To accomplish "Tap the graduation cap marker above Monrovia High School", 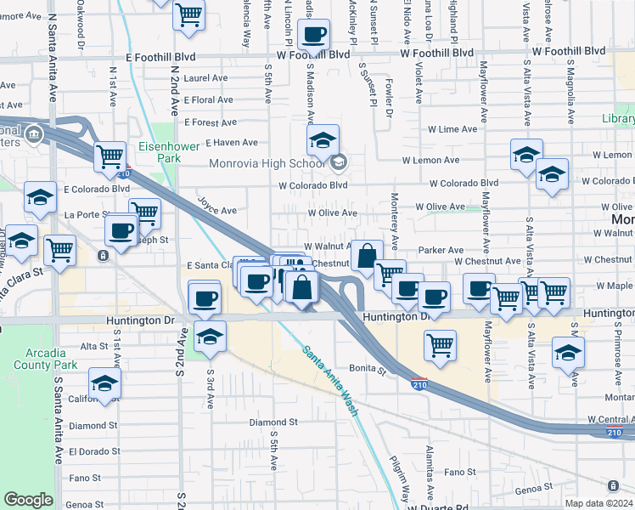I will coord(323,141).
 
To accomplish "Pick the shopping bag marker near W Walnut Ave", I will coord(366,256).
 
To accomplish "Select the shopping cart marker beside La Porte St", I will coord(145,213).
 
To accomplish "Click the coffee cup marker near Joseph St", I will coord(122,229).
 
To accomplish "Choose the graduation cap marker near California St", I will coord(104,383).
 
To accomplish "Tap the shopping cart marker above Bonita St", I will coord(440,345).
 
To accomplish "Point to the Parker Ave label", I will coord(440,250).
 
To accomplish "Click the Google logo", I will coord(28,500).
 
